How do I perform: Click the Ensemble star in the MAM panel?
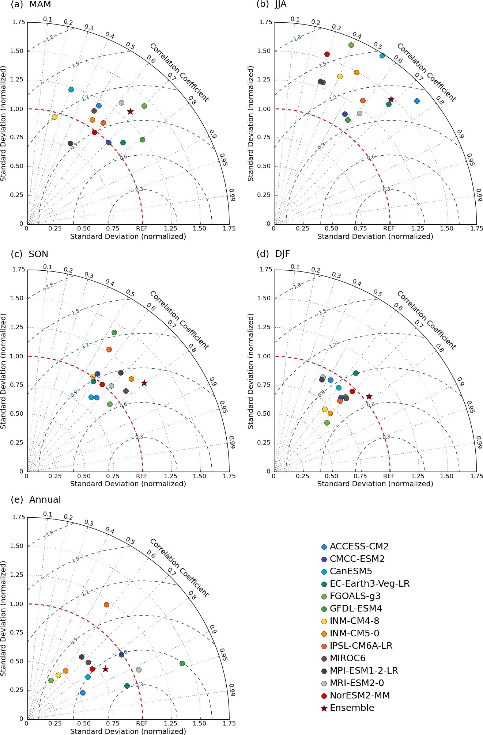130,111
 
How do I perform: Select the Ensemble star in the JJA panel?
391,99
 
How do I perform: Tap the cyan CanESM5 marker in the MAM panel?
71,90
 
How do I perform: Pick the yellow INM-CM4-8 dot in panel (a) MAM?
54,117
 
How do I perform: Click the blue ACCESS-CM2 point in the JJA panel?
417,101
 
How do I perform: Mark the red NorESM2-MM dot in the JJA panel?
327,54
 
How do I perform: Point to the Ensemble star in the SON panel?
144,383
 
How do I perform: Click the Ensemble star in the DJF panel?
369,396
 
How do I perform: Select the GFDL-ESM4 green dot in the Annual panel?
182,663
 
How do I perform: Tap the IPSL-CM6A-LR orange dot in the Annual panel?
106,605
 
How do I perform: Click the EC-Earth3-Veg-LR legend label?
369,584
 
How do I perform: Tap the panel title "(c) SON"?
30,254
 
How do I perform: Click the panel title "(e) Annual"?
36,500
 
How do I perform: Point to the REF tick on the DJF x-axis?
389,476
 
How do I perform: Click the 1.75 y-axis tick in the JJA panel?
266,22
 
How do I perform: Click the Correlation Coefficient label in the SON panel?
179,320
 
